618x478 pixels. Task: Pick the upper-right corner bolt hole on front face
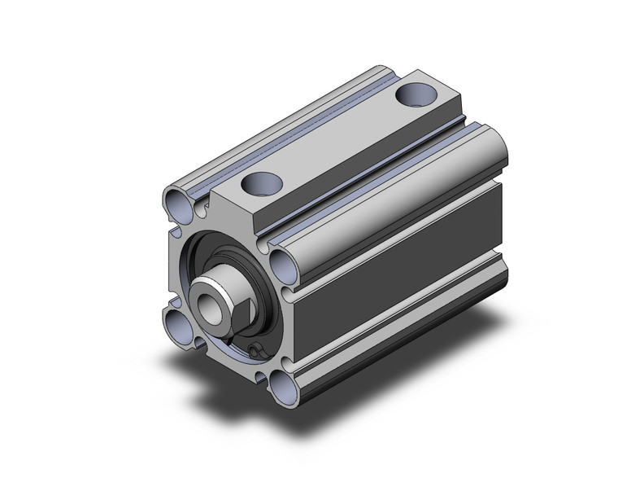(x=281, y=262)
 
